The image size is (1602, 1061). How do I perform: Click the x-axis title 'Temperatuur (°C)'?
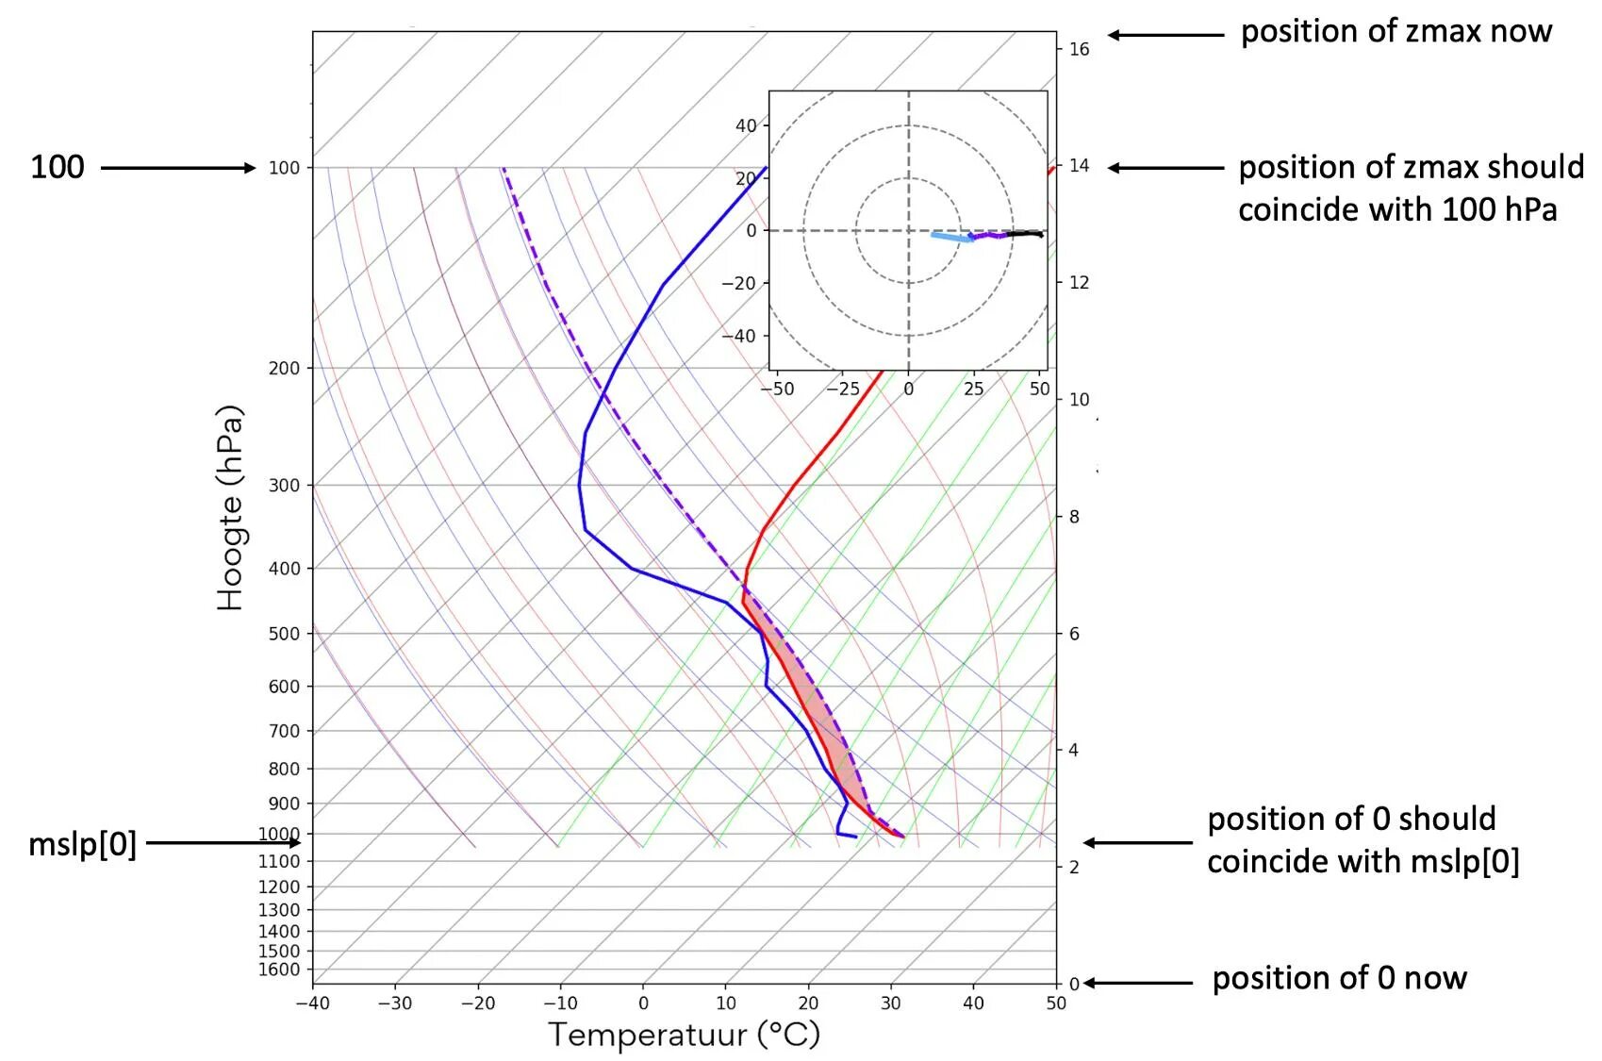coord(685,1035)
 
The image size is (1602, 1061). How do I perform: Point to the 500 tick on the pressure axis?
coord(284,634)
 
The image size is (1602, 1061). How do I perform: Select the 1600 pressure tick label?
coord(278,970)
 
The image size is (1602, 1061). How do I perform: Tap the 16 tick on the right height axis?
coord(1079,49)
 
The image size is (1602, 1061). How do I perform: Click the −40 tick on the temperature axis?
coord(312,1003)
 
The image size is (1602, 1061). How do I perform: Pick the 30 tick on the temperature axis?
coord(890,1003)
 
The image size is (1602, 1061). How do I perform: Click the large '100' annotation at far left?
coord(58,167)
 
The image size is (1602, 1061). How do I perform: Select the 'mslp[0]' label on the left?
coord(82,843)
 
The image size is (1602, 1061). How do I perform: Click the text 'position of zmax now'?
coord(1396,31)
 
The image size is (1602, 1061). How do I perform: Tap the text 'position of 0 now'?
coord(1339,978)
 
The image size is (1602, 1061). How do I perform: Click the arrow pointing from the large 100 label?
coord(177,168)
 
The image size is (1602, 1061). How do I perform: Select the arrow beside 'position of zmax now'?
coord(1165,35)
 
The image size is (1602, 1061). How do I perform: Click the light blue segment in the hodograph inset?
coord(950,237)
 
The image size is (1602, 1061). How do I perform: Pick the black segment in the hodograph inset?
coord(1024,233)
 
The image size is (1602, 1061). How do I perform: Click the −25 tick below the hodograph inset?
coord(842,389)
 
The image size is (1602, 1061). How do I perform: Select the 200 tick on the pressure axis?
coord(284,369)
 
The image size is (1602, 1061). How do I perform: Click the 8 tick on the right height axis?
coord(1073,517)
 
